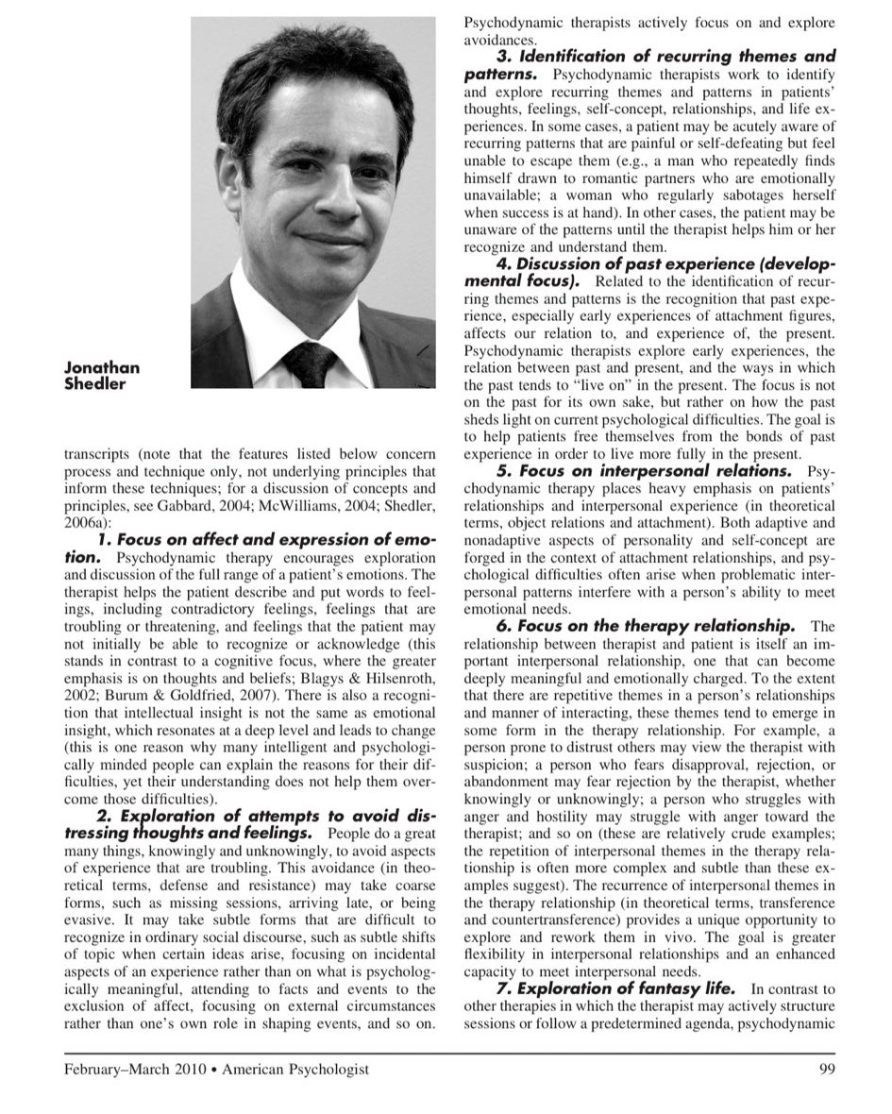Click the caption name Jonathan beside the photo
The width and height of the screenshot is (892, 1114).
pos(102,368)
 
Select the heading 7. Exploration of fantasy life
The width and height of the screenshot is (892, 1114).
pos(616,988)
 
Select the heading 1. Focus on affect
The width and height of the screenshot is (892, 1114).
pos(266,540)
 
